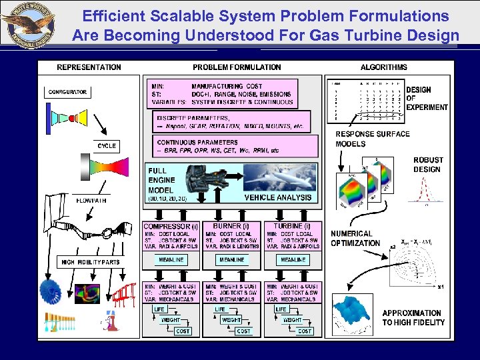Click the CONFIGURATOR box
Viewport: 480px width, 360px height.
[x=69, y=92]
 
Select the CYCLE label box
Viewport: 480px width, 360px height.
[x=107, y=145]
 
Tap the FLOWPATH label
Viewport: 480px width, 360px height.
[x=91, y=200]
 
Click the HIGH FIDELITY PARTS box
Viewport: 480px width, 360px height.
[x=90, y=262]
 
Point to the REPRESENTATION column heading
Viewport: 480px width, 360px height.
[x=89, y=67]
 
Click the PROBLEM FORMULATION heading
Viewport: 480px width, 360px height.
[x=237, y=67]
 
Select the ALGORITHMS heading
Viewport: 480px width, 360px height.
[x=383, y=67]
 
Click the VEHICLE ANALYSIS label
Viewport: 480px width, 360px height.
[x=278, y=197]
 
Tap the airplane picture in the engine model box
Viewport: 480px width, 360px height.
[x=280, y=178]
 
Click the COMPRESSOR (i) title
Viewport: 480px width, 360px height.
[x=171, y=227]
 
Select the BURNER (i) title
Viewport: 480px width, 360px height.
[x=231, y=227]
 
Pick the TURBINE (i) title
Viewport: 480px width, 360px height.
[x=292, y=227]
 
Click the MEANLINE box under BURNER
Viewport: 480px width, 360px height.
[x=231, y=260]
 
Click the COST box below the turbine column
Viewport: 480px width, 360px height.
[x=305, y=331]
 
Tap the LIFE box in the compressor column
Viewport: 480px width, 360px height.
[x=159, y=309]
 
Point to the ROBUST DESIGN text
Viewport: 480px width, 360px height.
[x=427, y=165]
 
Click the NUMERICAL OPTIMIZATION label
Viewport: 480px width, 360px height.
[x=355, y=239]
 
